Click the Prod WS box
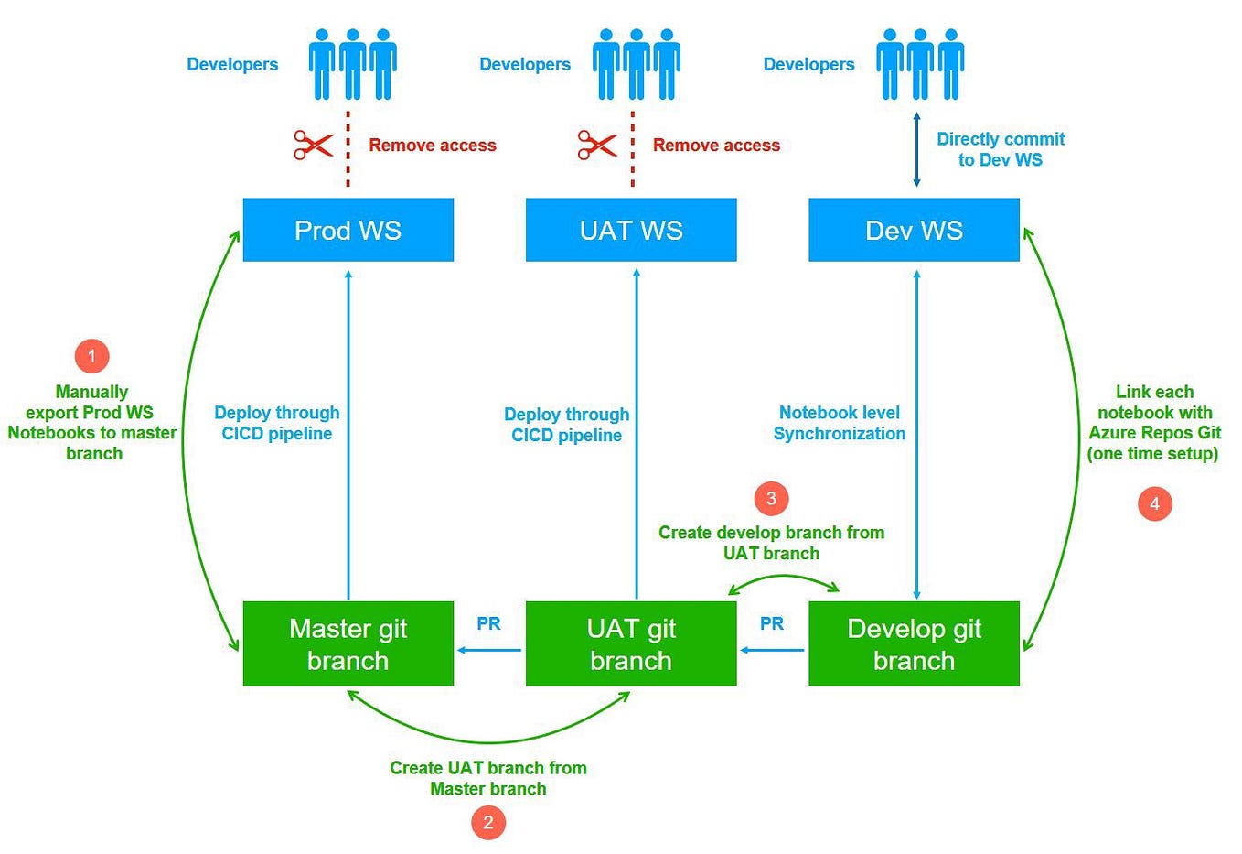348,230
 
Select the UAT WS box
631,230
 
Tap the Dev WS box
914,230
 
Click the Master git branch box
348,643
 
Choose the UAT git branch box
631,643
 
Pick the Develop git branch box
914,643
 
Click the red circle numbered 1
91,356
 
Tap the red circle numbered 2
488,822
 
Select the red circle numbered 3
771,498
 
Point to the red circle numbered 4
1154,503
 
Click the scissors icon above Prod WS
314,145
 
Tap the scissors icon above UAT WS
597,145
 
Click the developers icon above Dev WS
919,64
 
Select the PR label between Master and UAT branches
488,623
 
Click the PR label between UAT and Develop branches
772,623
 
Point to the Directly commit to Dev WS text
1001,149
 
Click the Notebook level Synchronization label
840,423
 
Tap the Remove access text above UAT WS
716,145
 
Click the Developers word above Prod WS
232,64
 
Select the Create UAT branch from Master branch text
488,778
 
